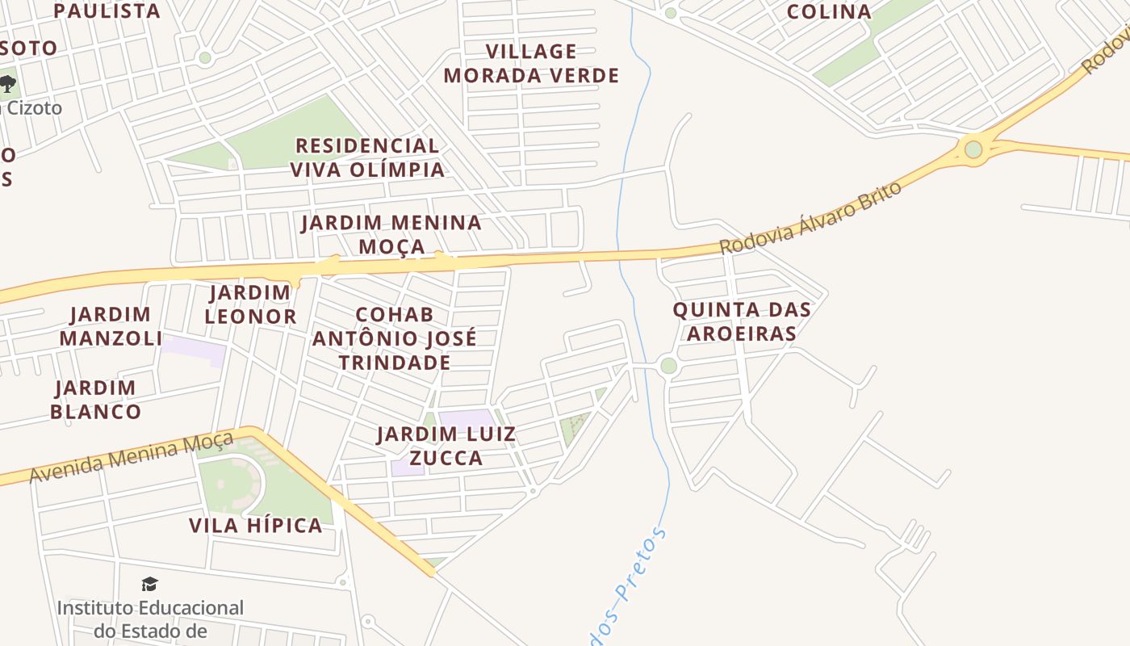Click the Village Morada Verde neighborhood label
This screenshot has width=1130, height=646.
pyautogui.click(x=531, y=64)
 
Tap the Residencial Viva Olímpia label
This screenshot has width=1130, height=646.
pyautogui.click(x=367, y=157)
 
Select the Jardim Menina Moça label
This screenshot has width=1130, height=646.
pyautogui.click(x=391, y=234)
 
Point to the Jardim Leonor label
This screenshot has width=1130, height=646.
pyautogui.click(x=250, y=304)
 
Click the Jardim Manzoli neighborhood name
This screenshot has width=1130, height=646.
pyautogui.click(x=111, y=326)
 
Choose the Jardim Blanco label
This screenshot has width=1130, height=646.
pyautogui.click(x=95, y=400)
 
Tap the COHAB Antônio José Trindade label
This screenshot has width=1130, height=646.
pyautogui.click(x=395, y=338)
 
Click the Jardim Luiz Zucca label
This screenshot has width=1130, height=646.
pyautogui.click(x=446, y=447)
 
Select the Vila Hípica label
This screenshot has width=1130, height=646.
pyautogui.click(x=256, y=526)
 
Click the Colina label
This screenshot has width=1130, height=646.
pyautogui.click(x=829, y=12)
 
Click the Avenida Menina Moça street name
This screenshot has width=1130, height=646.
pyautogui.click(x=131, y=458)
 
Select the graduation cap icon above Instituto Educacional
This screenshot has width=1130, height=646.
pyautogui.click(x=150, y=585)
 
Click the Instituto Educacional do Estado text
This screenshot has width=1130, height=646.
pyautogui.click(x=150, y=619)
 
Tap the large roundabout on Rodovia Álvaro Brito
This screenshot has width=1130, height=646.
pyautogui.click(x=973, y=149)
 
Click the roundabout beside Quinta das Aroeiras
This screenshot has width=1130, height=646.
pyautogui.click(x=668, y=366)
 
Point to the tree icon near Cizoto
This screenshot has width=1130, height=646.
pyautogui.click(x=8, y=83)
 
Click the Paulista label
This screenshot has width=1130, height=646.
pyautogui.click(x=107, y=11)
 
